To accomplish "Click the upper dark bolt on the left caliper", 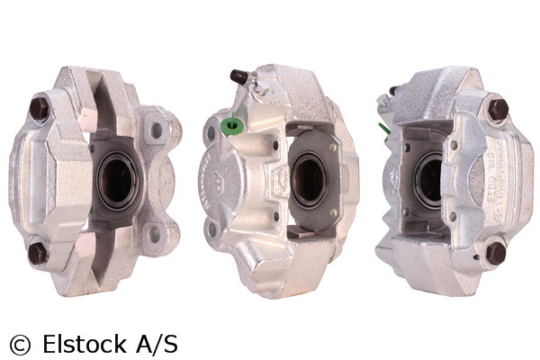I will click(39, 109).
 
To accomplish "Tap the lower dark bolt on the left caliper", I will click(38, 253).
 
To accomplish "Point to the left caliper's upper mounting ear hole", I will click(157, 130).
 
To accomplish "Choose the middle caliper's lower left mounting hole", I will click(212, 229).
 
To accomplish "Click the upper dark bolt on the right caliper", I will click(497, 110).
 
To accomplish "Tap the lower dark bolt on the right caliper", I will click(496, 253).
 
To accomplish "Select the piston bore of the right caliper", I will click(427, 178).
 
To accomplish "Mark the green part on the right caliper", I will click(385, 130).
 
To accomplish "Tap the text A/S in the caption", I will click(156, 343).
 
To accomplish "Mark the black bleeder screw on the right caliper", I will click(393, 91).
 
